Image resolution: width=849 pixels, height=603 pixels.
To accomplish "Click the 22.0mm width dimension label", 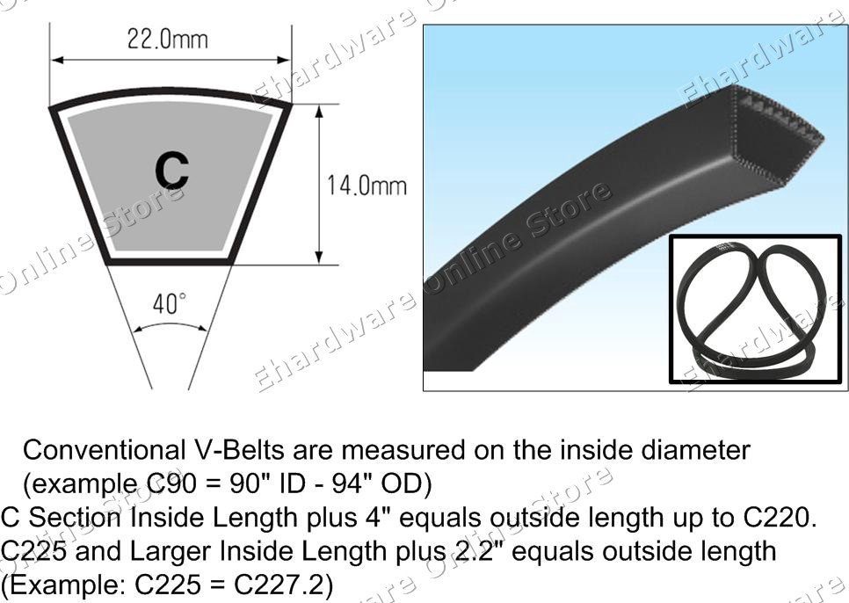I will (168, 40).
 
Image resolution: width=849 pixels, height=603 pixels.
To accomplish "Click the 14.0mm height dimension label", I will (367, 186).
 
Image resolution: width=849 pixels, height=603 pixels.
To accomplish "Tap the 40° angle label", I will (170, 305).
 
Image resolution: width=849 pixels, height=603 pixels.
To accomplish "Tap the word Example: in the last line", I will (58, 585).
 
